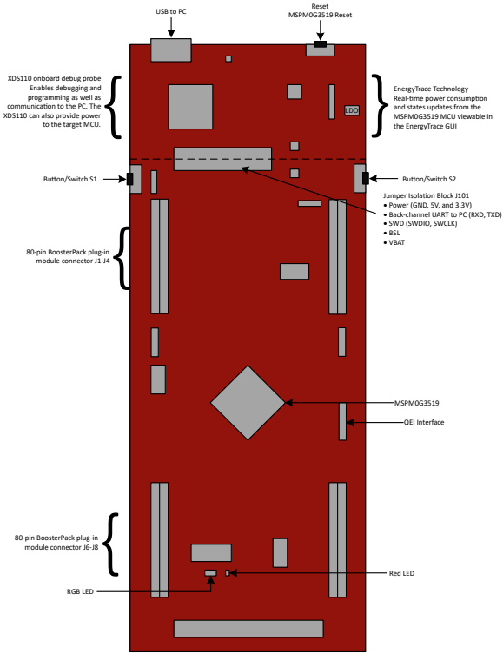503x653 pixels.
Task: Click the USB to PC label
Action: click(x=171, y=11)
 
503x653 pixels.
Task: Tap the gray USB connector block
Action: click(x=171, y=50)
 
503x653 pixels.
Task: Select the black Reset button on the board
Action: click(x=320, y=43)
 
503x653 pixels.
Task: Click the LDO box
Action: click(x=352, y=110)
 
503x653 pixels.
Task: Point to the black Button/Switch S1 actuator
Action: click(x=129, y=179)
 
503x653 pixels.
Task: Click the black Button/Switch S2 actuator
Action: click(x=366, y=178)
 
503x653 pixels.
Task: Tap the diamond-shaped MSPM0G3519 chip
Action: click(x=248, y=403)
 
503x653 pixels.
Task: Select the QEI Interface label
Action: click(x=424, y=422)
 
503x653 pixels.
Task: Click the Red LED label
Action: click(x=401, y=573)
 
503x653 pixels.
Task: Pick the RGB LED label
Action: click(x=80, y=591)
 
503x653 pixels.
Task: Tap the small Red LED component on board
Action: click(x=227, y=573)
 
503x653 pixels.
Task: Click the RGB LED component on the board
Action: click(x=210, y=573)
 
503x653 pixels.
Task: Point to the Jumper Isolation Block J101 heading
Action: click(x=421, y=195)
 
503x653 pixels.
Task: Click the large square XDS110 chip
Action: click(x=190, y=107)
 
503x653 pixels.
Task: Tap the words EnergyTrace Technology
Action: click(x=431, y=89)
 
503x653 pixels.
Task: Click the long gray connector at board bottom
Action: click(x=248, y=629)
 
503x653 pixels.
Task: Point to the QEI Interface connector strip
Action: click(x=342, y=421)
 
